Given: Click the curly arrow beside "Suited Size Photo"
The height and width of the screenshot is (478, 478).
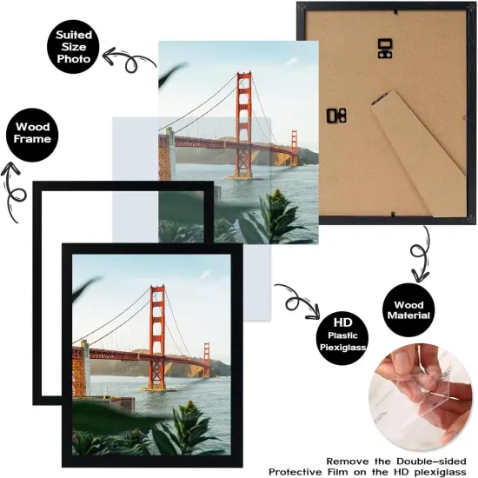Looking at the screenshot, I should [x=122, y=61].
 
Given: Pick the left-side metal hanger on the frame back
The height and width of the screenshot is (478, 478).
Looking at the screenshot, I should [x=336, y=115].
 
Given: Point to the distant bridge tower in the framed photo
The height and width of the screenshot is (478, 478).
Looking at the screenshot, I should [x=207, y=358].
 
